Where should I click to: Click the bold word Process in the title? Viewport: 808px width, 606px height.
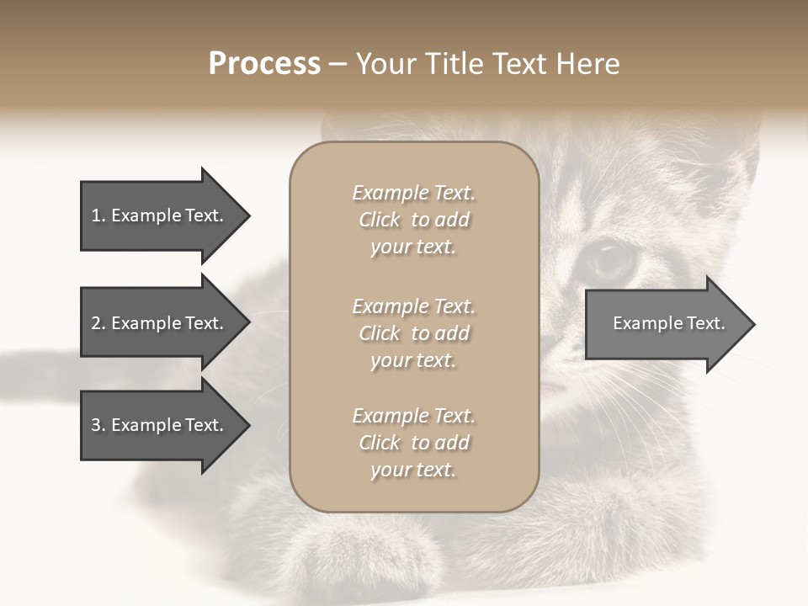click(x=264, y=64)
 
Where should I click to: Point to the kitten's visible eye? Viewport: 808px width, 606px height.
click(x=608, y=261)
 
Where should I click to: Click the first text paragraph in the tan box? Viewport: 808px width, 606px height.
click(x=413, y=220)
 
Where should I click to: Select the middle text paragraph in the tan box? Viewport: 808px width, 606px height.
click(x=413, y=332)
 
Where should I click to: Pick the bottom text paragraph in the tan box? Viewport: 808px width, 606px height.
click(x=413, y=443)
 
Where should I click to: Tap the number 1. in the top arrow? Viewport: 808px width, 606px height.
click(x=98, y=215)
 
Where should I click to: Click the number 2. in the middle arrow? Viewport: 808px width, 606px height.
click(x=98, y=323)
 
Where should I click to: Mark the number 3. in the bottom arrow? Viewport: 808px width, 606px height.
click(x=98, y=425)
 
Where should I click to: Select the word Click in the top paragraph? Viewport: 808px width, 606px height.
click(x=380, y=220)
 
